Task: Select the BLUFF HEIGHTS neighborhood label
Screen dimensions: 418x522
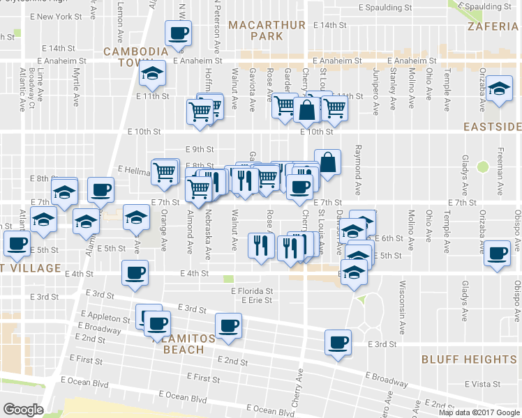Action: pyautogui.click(x=469, y=359)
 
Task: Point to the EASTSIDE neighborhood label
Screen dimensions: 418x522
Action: pyautogui.click(x=493, y=127)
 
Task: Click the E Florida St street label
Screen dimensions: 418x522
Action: pyautogui.click(x=253, y=291)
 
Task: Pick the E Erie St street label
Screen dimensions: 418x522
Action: pyautogui.click(x=255, y=300)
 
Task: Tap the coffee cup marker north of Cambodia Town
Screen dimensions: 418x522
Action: pyautogui.click(x=177, y=33)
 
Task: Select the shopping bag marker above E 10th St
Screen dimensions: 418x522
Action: pyautogui.click(x=306, y=109)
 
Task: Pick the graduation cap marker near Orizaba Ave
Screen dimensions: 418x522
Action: pyautogui.click(x=498, y=88)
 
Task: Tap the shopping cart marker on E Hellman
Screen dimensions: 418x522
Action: pyautogui.click(x=165, y=171)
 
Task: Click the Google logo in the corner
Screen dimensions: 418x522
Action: pyautogui.click(x=23, y=410)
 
